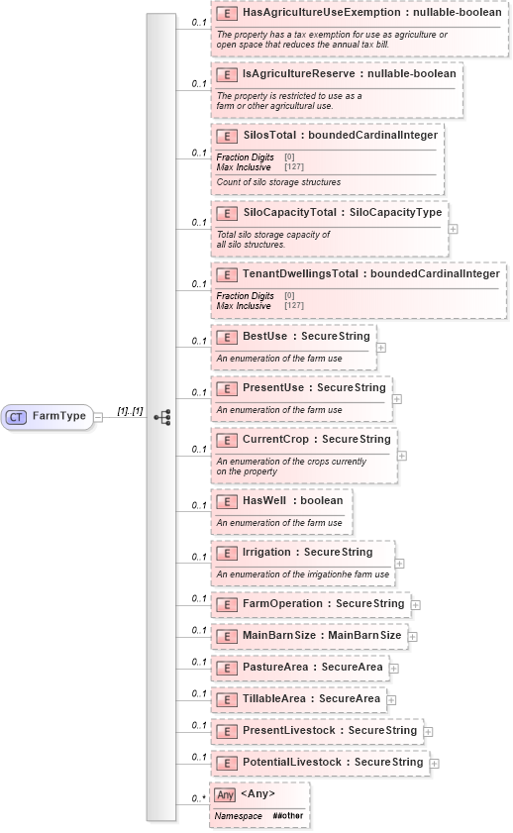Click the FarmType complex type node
coord(58,417)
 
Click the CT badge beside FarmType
coord(16,417)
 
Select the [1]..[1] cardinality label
coord(130,410)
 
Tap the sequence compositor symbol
coord(161,417)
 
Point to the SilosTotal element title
coord(340,135)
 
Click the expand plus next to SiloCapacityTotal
coord(453,228)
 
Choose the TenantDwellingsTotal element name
coord(370,274)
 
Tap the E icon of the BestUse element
coord(226,337)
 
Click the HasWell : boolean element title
coord(292,501)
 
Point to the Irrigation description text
coord(302,574)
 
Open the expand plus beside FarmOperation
coord(416,604)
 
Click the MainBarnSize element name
coord(322,636)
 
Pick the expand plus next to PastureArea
coord(394,669)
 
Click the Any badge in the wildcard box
coord(226,794)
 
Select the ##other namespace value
coord(288,816)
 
